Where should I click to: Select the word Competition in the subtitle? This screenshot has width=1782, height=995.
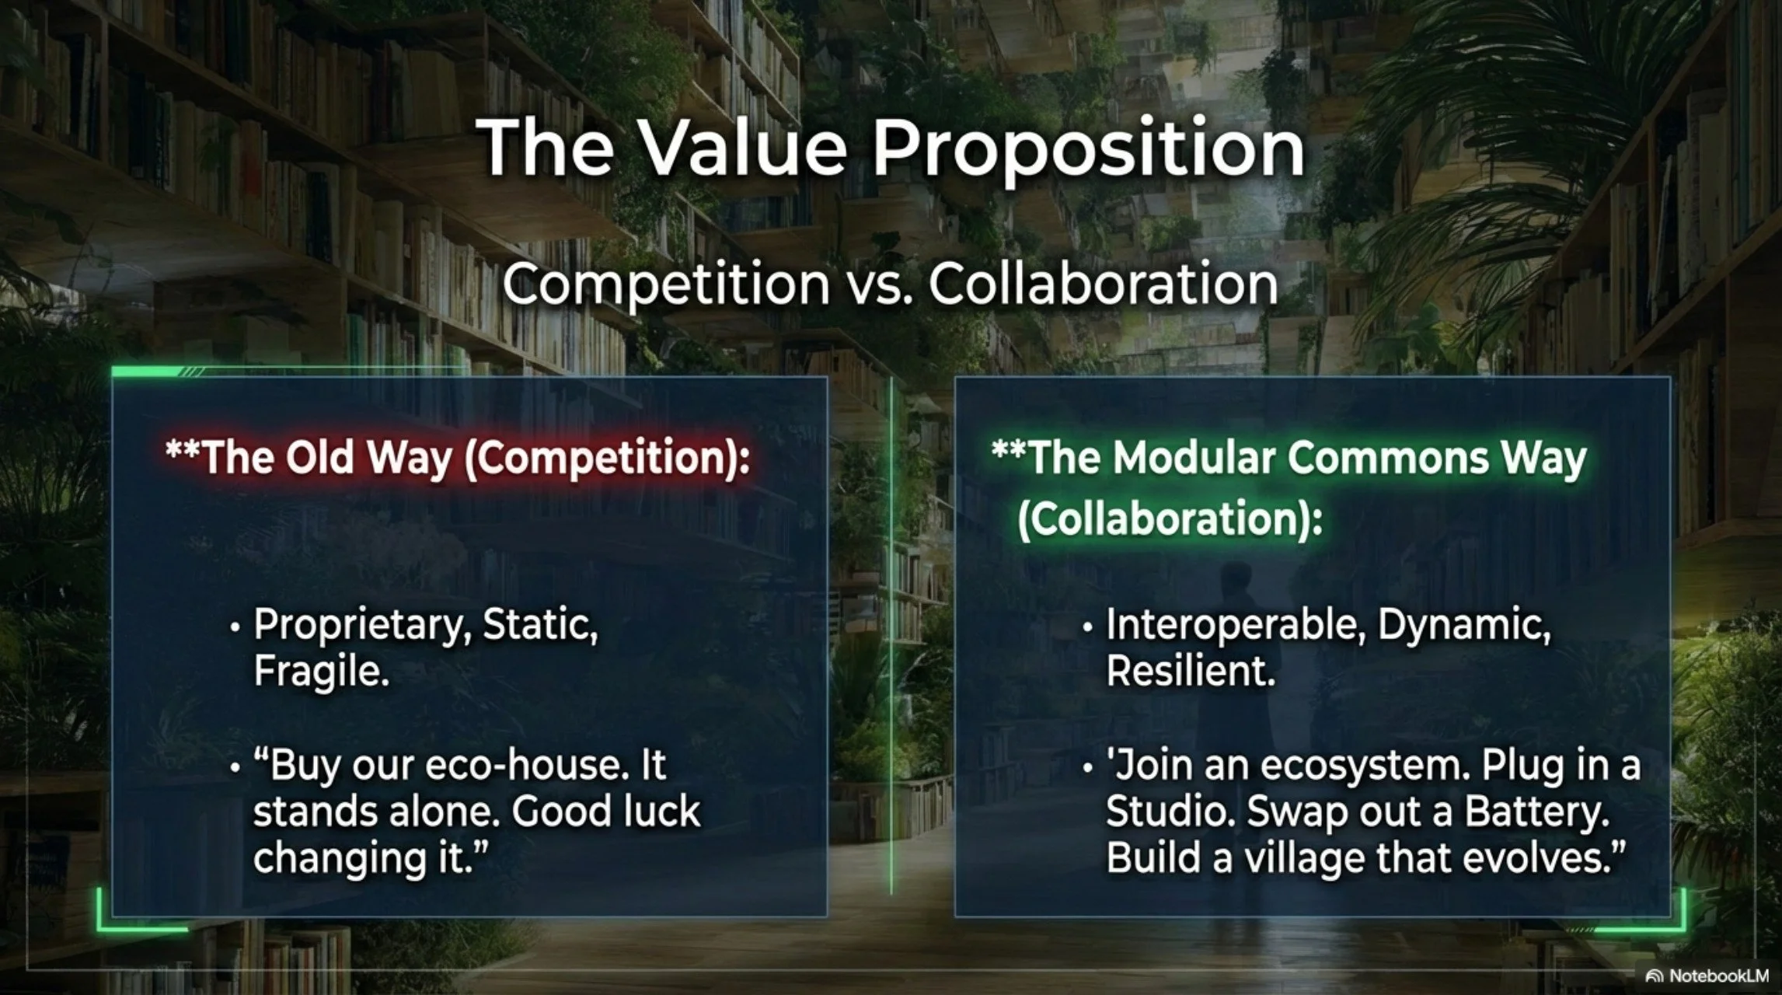click(666, 284)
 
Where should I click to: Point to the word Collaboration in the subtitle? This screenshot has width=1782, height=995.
click(1104, 284)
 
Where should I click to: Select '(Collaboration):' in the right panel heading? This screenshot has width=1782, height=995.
click(1170, 519)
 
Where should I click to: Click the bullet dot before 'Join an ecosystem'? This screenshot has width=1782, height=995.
click(1088, 767)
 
